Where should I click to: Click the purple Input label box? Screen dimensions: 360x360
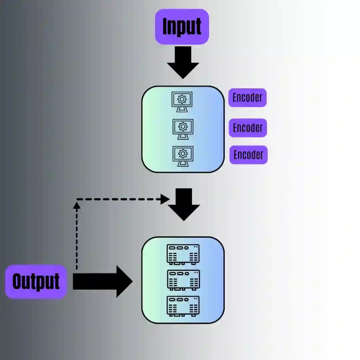(x=182, y=27)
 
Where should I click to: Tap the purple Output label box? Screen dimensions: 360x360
(x=36, y=282)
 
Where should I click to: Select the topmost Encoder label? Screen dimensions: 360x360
(x=247, y=98)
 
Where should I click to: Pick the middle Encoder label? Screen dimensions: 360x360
(x=248, y=128)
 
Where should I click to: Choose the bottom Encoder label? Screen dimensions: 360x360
(x=249, y=155)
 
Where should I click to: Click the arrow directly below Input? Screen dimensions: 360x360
(x=183, y=63)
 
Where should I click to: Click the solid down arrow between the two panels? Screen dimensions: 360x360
(x=184, y=204)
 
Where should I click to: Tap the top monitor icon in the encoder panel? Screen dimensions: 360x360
(x=182, y=101)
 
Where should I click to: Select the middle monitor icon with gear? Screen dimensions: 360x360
(x=183, y=129)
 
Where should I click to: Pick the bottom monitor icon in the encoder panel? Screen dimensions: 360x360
(x=183, y=156)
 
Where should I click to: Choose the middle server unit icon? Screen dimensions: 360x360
(x=183, y=280)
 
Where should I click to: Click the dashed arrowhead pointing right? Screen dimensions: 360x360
(x=165, y=199)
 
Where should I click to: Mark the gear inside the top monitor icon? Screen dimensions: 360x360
(x=182, y=99)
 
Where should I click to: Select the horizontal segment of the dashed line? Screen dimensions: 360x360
(x=120, y=199)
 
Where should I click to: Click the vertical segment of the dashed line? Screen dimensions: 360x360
(x=77, y=239)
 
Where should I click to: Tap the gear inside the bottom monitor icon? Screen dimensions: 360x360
(x=183, y=153)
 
